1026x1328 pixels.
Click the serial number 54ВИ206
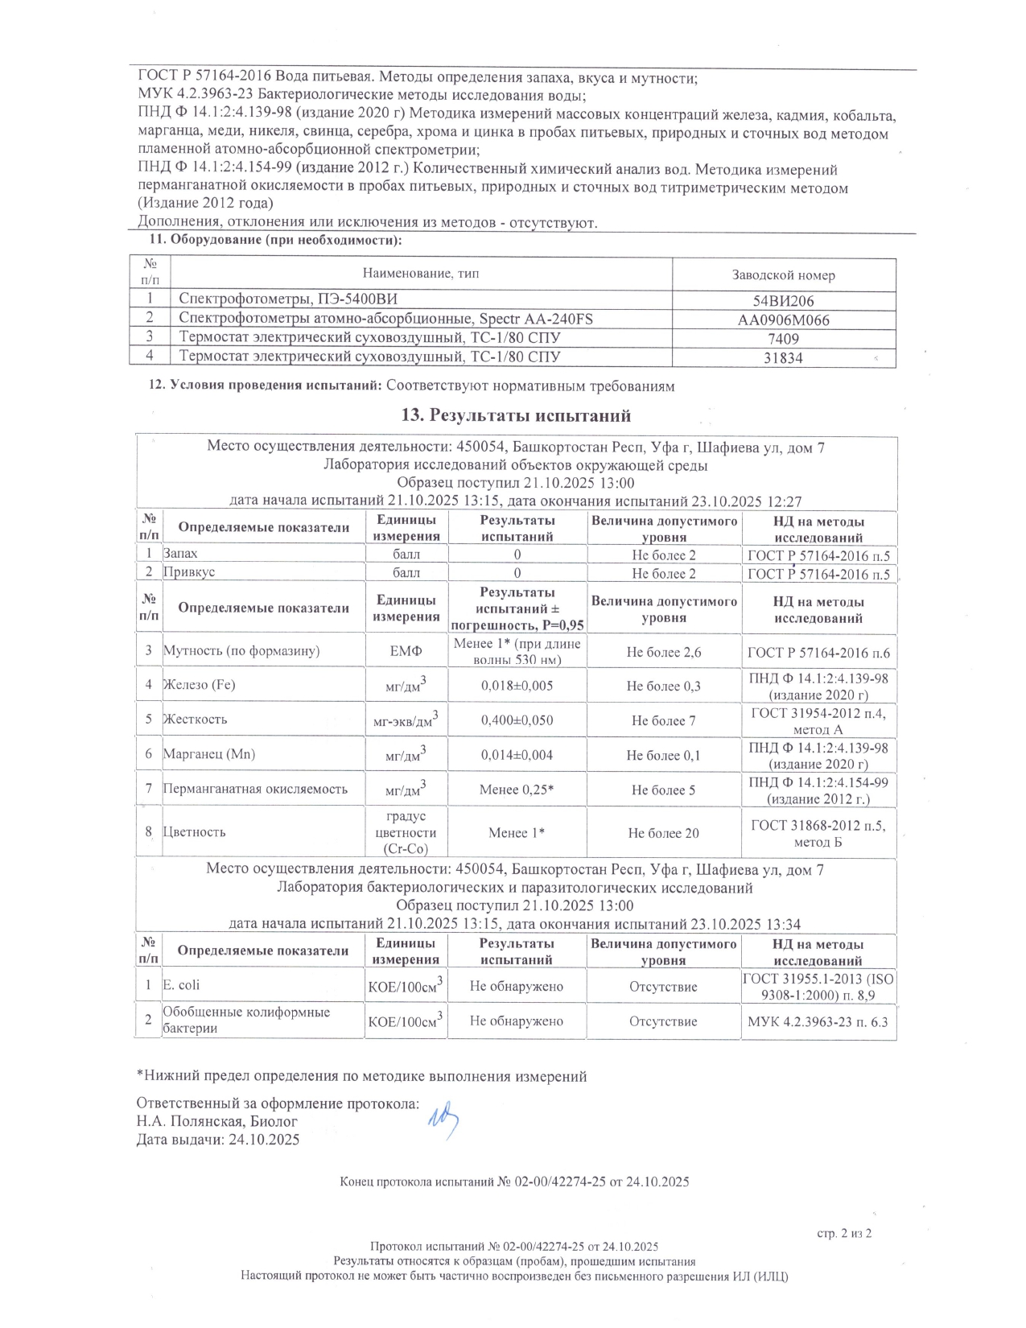tap(783, 301)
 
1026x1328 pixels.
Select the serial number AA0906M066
tap(783, 320)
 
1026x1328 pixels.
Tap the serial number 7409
tap(783, 338)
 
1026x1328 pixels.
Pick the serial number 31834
tap(783, 358)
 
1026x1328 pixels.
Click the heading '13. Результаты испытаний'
tap(516, 415)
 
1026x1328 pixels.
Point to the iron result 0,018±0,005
tap(517, 686)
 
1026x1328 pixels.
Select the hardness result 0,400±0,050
tap(517, 720)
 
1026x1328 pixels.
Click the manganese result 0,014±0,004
tap(517, 755)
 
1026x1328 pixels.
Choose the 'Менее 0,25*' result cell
tap(517, 790)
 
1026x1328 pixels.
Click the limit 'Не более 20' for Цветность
tap(663, 833)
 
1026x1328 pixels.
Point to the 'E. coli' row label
tap(182, 985)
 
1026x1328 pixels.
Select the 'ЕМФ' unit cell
tap(406, 650)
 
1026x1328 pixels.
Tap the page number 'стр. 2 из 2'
tap(844, 1233)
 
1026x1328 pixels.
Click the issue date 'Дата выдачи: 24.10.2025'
tap(218, 1139)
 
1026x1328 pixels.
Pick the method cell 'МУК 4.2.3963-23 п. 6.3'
tap(818, 1021)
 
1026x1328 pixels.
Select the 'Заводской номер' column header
tap(783, 274)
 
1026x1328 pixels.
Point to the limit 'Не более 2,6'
tap(663, 652)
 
